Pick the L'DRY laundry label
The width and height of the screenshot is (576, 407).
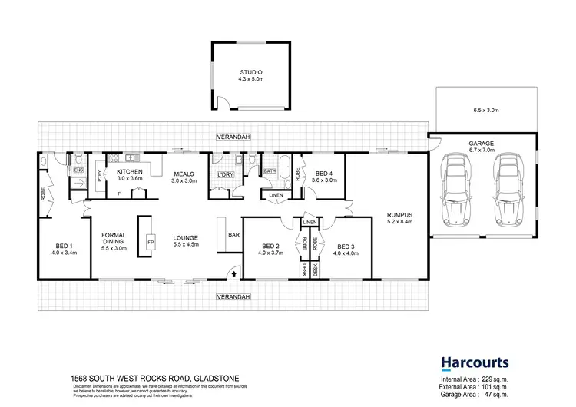click(225, 174)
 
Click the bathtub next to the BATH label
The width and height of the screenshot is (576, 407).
click(284, 164)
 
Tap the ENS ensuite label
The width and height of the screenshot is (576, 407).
click(78, 170)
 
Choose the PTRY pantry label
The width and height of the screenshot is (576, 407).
click(100, 175)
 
